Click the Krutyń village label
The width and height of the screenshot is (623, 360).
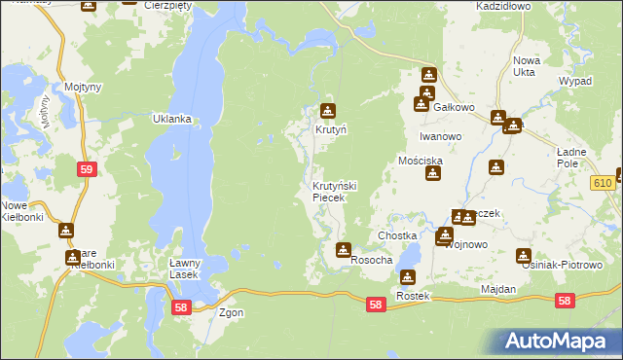click(330, 128)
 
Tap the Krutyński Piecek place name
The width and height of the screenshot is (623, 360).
click(335, 192)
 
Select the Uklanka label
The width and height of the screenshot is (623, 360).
click(171, 119)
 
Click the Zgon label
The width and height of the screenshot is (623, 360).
click(231, 313)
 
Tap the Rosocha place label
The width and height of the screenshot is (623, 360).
click(371, 260)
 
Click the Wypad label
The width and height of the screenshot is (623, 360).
click(575, 81)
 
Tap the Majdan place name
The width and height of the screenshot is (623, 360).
click(497, 290)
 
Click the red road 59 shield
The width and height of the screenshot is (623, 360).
click(87, 169)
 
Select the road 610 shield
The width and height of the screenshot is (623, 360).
click(602, 183)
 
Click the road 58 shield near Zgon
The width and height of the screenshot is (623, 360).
click(180, 307)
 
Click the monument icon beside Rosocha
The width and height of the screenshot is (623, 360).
click(344, 250)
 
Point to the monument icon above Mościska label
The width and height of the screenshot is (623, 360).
click(434, 174)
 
